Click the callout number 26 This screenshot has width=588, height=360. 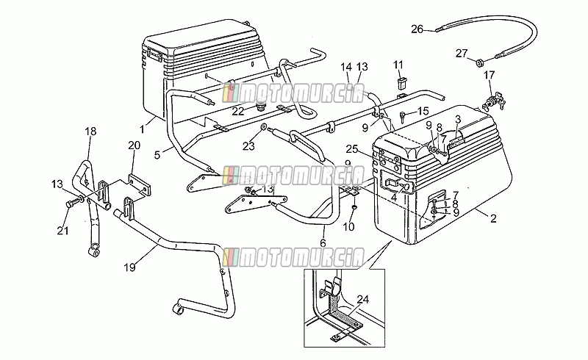417,29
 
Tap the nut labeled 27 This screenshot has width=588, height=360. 479,63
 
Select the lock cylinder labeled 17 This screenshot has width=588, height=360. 493,101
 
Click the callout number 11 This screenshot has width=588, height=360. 398,65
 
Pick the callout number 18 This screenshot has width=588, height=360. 90,132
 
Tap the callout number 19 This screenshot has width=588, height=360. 129,267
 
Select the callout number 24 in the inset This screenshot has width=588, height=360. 362,299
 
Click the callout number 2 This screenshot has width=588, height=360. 493,218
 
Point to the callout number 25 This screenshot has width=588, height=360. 352,149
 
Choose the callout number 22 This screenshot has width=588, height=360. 237,112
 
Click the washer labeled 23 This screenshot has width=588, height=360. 263,128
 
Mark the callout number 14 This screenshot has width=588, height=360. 346,67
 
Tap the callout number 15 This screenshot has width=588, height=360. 423,111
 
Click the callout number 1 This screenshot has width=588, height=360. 142,130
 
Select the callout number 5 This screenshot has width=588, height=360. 157,154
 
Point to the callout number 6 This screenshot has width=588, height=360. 323,242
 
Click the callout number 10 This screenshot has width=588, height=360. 348,227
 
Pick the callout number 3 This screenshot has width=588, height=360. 457,120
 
